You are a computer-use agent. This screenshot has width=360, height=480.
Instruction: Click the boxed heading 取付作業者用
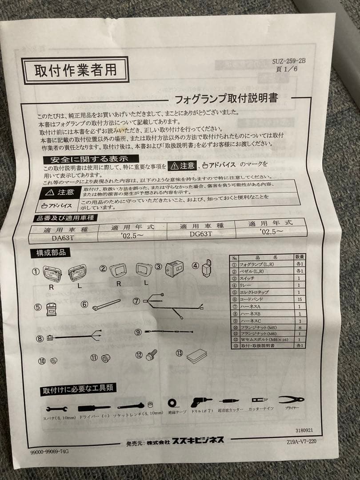(75, 70)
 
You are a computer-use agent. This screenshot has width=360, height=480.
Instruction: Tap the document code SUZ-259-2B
(289, 62)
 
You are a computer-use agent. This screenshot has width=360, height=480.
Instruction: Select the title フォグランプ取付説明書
(226, 97)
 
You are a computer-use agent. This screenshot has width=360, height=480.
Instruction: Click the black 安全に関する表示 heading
(91, 159)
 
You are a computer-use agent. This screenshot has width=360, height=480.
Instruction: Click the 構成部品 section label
(49, 253)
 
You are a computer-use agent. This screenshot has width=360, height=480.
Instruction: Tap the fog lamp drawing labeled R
(52, 273)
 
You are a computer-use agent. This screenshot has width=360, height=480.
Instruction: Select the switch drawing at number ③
(175, 269)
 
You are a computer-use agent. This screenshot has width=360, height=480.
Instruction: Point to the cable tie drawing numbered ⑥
(107, 305)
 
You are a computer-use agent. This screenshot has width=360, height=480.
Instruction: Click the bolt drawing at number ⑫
(152, 355)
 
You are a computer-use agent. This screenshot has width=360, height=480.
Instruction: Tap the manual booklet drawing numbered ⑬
(196, 356)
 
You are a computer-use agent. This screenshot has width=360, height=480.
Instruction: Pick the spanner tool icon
(57, 408)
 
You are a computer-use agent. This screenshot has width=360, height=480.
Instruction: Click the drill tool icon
(201, 402)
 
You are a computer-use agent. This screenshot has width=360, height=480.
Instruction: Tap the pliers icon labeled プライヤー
(292, 400)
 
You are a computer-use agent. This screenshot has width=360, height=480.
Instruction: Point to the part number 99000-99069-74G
(50, 451)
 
